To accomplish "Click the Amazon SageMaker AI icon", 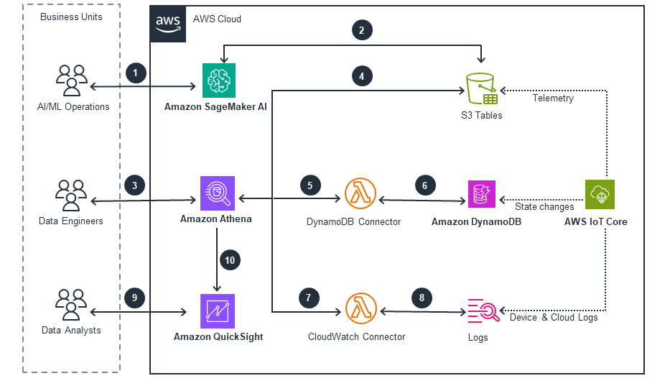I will pos(218,80).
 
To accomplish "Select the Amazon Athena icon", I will pos(218,194).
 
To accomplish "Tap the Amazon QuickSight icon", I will pos(218,311).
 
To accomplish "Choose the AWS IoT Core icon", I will pos(600,194).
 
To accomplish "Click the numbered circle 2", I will pos(361,30).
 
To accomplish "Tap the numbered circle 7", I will pos(308,298).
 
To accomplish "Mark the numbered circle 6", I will pos(424,185).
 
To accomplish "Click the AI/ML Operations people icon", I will pos(72,80).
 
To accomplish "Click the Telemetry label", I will pos(553,98).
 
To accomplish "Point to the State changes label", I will pos(544,207).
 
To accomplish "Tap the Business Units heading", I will pos(71,17).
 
